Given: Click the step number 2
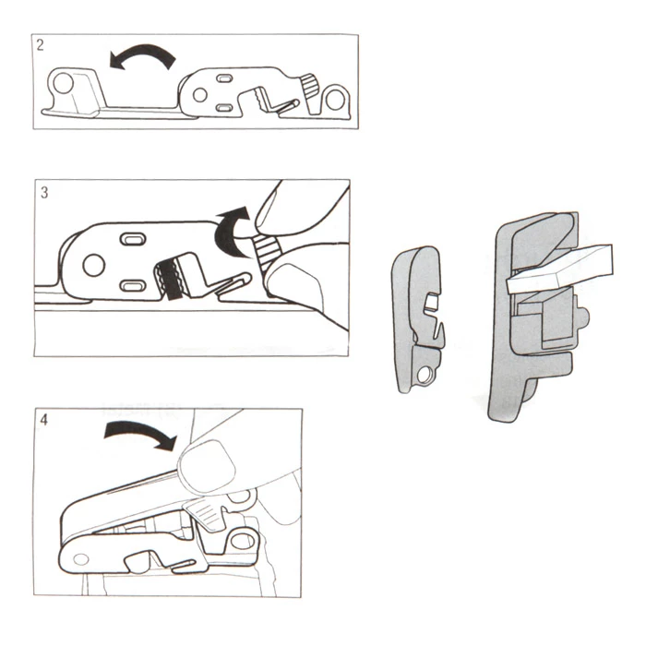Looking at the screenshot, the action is click(40, 45).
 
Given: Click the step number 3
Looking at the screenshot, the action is click(44, 192).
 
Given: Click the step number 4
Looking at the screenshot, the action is click(43, 420).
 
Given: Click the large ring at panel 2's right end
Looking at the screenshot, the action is click(336, 99).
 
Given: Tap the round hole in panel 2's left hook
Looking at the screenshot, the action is click(64, 83).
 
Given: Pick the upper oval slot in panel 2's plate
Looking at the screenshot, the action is click(224, 78).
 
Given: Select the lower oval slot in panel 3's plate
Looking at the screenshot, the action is click(133, 285).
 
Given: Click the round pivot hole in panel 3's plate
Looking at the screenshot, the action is click(94, 266).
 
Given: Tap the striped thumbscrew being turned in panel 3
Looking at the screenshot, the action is click(268, 250).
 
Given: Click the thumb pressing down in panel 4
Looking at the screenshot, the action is click(208, 465).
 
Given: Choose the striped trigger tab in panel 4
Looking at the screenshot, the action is click(207, 513).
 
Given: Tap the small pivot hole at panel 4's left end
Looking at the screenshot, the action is click(81, 559).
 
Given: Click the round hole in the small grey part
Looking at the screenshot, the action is click(423, 376).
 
